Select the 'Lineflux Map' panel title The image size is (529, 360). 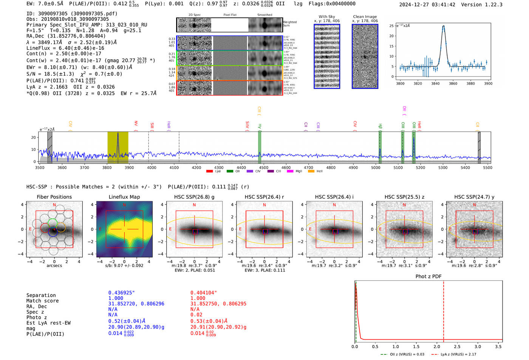[124, 197]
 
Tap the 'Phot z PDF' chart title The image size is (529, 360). [428, 277]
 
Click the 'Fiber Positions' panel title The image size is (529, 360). [54, 197]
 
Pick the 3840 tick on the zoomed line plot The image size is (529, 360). [435, 83]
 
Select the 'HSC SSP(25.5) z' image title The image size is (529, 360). [404, 197]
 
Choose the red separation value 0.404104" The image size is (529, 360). [204, 293]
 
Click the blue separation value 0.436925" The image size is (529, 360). [121, 293]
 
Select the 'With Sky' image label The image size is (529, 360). [326, 17]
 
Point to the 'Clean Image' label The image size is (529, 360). [365, 17]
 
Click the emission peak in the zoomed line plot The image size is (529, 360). [443, 26]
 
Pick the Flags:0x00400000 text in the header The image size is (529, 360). [332, 4]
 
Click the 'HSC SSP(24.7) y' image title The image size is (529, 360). [474, 197]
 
